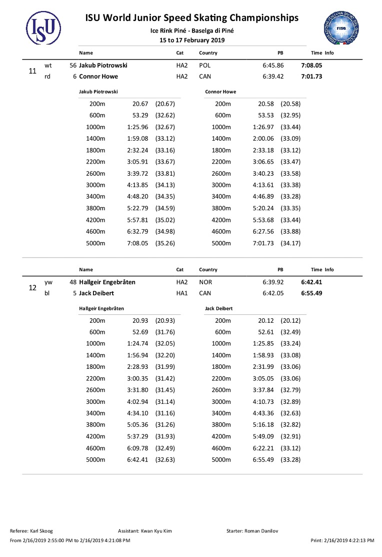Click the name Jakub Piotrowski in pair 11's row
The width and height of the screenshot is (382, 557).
tap(103, 66)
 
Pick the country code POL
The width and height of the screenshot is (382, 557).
tap(205, 66)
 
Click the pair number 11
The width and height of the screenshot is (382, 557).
tap(32, 71)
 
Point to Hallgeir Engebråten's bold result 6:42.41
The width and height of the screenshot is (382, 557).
tap(311, 282)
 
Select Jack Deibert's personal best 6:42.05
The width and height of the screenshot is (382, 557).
tap(273, 293)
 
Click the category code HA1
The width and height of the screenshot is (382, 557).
tap(182, 293)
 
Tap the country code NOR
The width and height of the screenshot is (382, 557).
tap(205, 282)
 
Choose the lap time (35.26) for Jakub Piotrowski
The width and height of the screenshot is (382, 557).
tap(165, 243)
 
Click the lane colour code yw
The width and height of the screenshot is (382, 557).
tap(48, 282)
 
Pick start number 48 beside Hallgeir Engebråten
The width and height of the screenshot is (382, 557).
tap(73, 282)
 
